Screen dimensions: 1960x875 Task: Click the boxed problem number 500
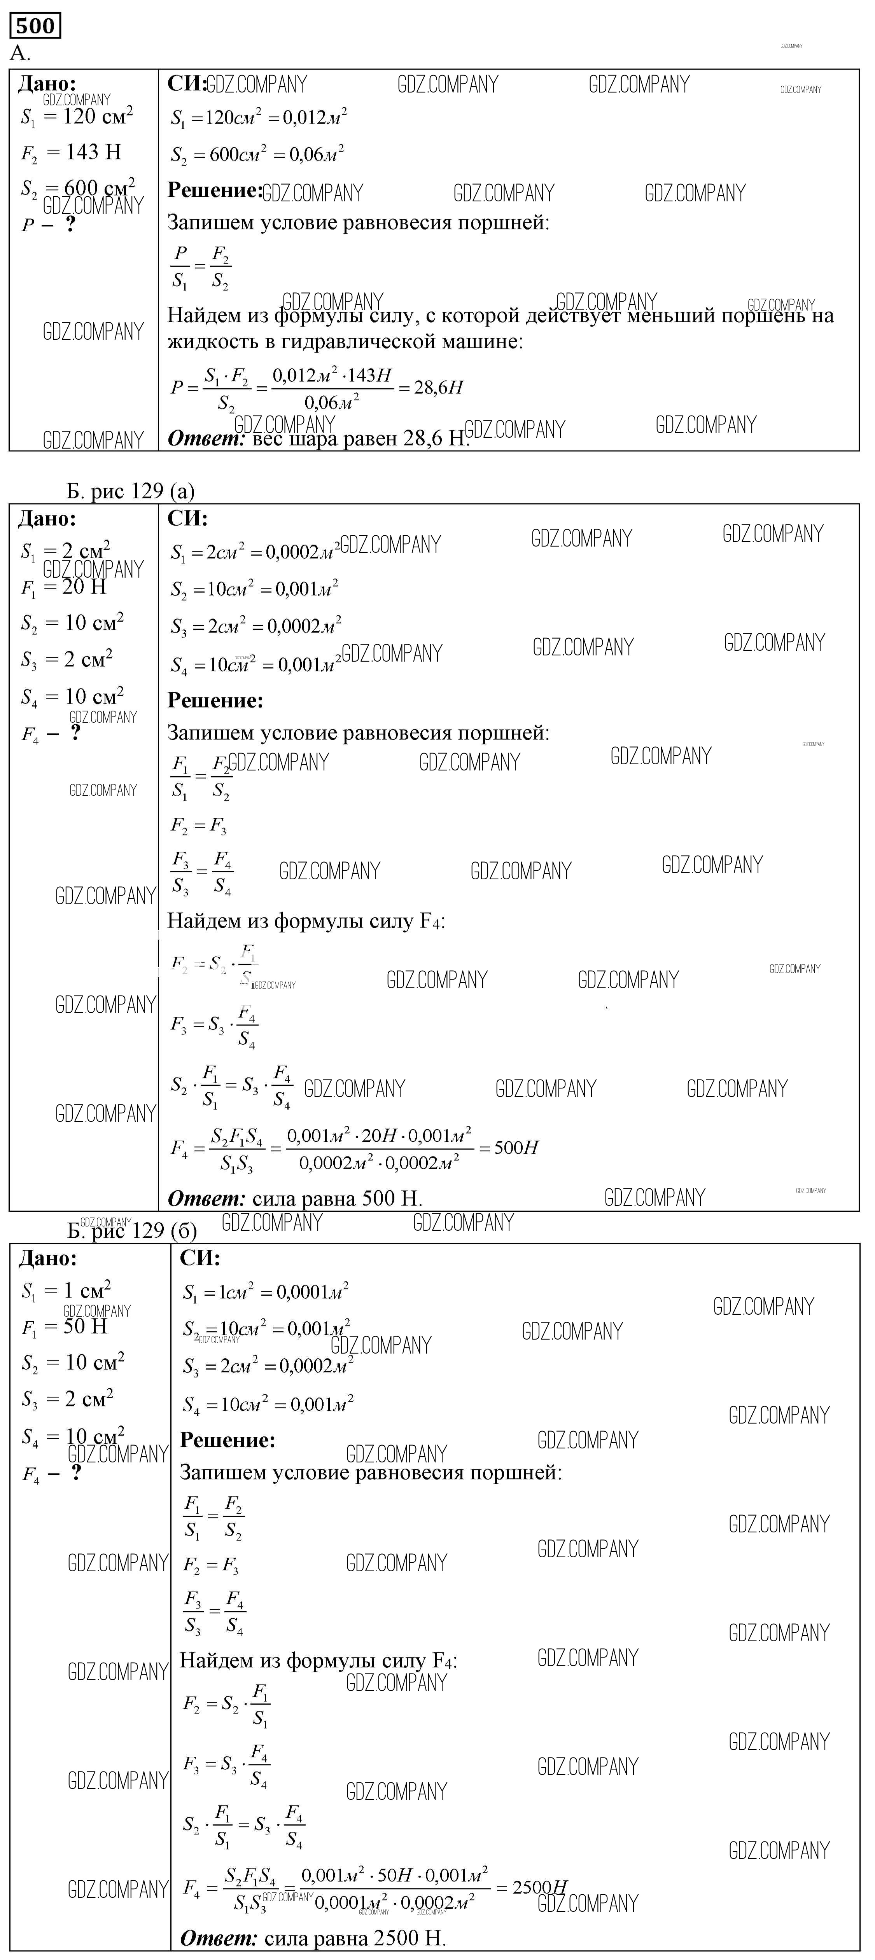[x=35, y=26]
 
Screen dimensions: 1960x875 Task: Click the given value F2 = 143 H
[x=71, y=153]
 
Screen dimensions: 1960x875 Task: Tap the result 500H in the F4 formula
[x=516, y=1148]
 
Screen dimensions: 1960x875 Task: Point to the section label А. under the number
[x=20, y=53]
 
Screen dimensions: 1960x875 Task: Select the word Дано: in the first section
[x=47, y=84]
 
